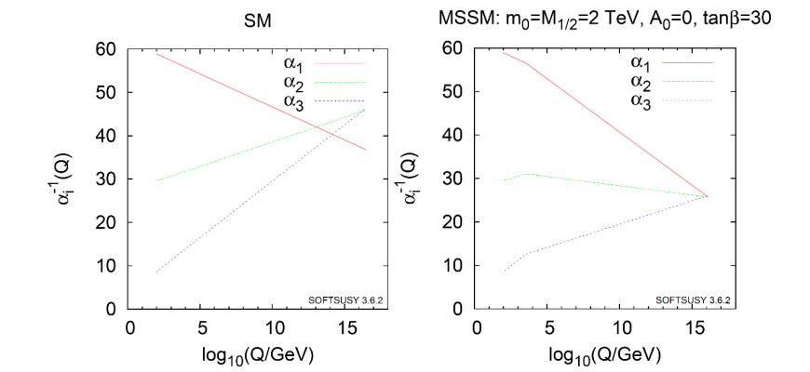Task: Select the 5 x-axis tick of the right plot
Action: [549, 327]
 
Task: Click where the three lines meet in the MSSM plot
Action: [708, 196]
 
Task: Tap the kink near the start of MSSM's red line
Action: [526, 63]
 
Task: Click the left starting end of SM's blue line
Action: [156, 272]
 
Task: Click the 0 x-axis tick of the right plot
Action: [477, 327]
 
